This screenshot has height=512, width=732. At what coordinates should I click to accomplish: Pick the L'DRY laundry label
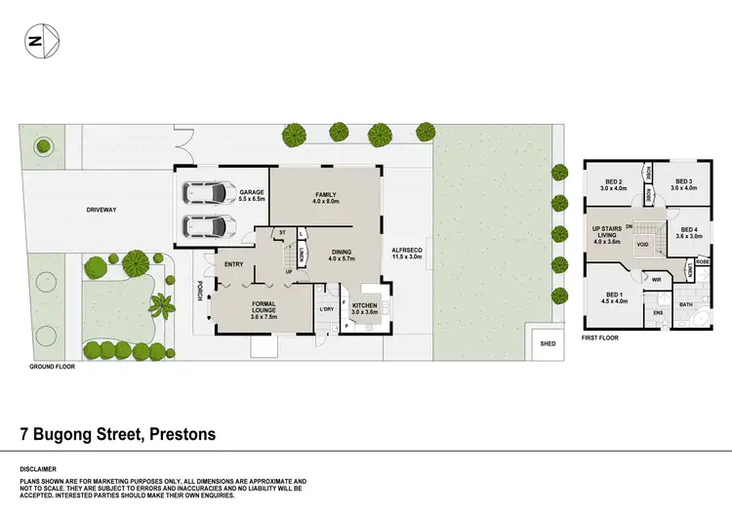pyautogui.click(x=326, y=310)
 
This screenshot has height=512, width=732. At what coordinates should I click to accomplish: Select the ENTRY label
pyautogui.click(x=233, y=264)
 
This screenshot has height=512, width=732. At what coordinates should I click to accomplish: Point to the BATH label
pyautogui.click(x=685, y=304)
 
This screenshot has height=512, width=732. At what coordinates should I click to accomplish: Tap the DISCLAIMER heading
pyautogui.click(x=39, y=467)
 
